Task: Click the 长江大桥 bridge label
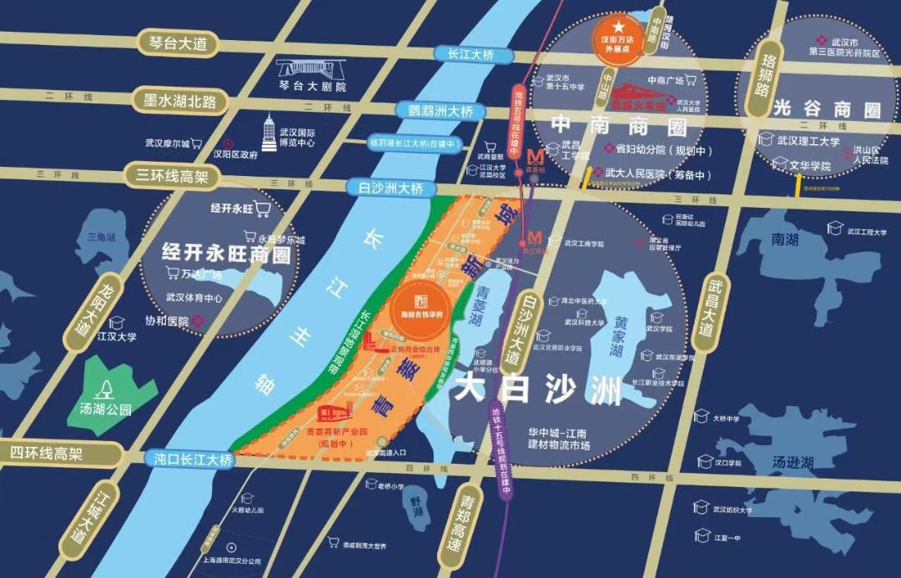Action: [x=465, y=54]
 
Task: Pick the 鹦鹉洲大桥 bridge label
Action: [x=435, y=110]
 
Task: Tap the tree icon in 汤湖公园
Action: [x=106, y=387]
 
